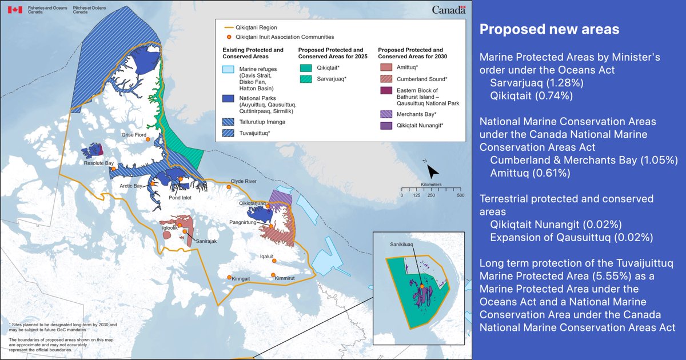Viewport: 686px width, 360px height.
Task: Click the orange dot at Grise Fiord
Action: tap(147, 139)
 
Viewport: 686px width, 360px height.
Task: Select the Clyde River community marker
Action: tap(229, 186)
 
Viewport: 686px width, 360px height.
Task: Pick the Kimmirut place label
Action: tap(285, 278)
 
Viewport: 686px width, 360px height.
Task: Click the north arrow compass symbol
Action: tap(433, 170)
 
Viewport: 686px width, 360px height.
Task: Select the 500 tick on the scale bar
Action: tap(460, 195)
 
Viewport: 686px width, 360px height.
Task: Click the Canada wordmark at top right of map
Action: tap(449, 10)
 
